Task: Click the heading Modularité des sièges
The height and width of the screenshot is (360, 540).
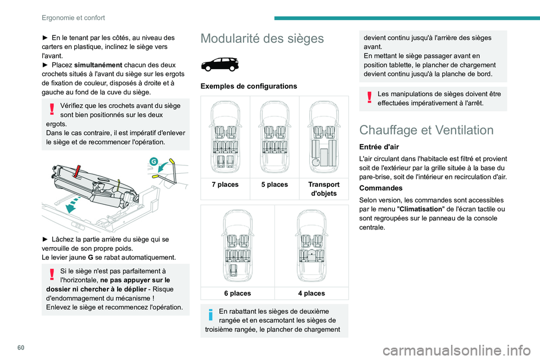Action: (x=262, y=39)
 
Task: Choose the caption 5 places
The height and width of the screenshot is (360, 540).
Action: (x=274, y=184)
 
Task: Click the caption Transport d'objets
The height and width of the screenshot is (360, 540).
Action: (x=323, y=189)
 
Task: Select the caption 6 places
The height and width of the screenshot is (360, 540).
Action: (x=237, y=293)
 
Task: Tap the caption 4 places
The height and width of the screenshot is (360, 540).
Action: (x=311, y=293)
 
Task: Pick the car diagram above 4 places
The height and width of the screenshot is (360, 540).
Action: (x=311, y=246)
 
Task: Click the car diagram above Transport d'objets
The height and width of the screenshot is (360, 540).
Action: (x=323, y=138)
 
